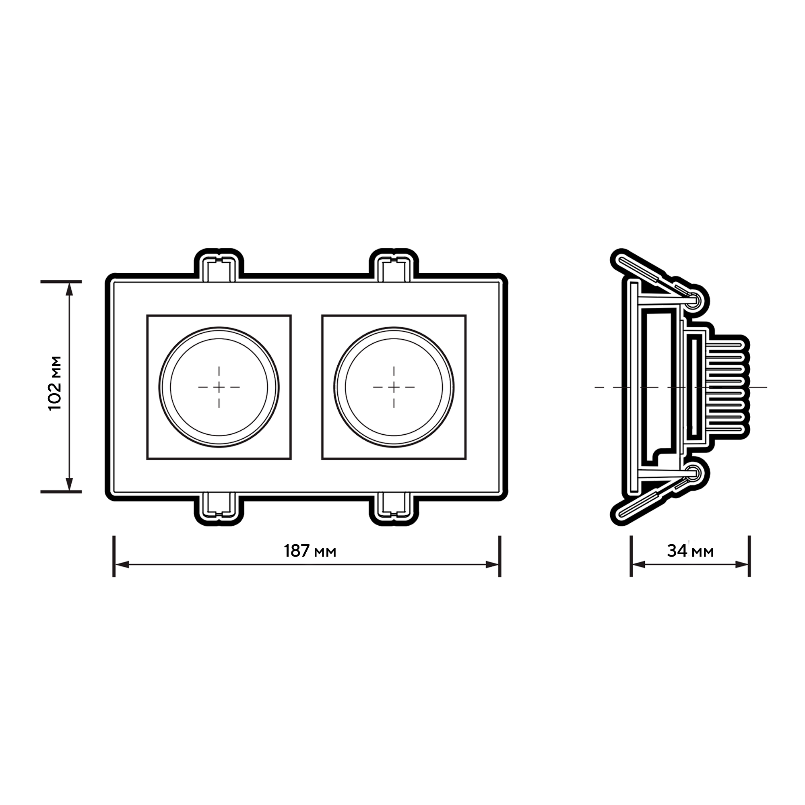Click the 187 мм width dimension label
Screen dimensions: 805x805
tap(310, 551)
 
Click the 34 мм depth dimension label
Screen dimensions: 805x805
tap(690, 551)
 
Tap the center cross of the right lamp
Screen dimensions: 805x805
tap(394, 387)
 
